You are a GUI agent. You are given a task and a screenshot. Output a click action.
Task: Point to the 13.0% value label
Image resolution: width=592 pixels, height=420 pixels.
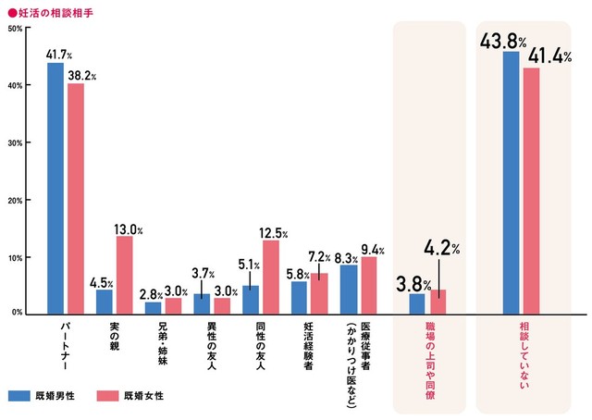129,229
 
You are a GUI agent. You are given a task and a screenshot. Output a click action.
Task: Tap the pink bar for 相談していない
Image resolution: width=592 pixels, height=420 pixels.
531,191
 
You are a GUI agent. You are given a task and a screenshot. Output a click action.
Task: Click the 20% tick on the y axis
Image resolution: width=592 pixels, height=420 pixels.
15,200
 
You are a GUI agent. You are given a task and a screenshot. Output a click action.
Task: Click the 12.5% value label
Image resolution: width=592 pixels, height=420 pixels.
273,234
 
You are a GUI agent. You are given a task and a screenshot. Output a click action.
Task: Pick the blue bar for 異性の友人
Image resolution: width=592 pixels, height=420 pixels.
202,303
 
